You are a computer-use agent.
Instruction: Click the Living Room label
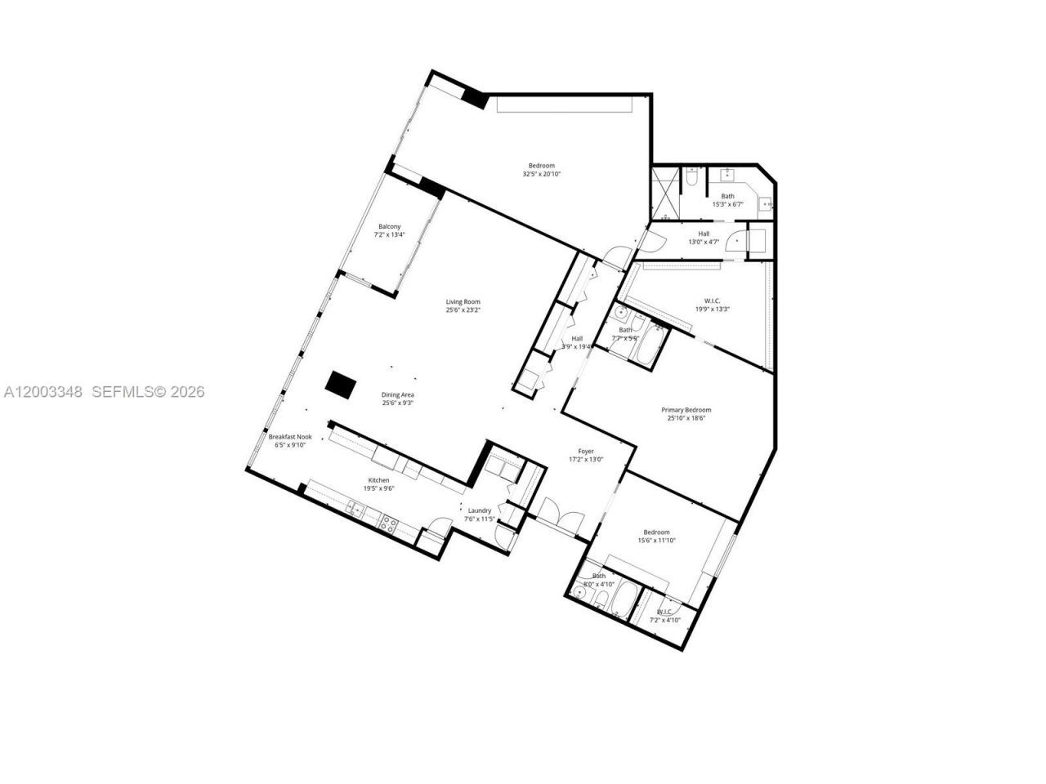pos(463,301)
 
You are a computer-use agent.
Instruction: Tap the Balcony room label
pos(389,226)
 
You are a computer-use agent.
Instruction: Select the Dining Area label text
pos(398,394)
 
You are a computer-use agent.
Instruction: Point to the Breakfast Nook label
pos(290,437)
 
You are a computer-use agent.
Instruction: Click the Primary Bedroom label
pos(686,410)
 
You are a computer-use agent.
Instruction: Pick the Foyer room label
pos(586,451)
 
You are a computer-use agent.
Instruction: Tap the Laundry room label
pos(480,510)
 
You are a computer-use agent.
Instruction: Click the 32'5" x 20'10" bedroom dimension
pos(542,174)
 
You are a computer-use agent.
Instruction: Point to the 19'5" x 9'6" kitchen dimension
pos(378,488)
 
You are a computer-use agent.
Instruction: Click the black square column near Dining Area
pos(340,384)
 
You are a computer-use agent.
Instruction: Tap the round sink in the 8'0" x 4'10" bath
pos(579,592)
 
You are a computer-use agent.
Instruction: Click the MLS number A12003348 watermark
pos(42,392)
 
